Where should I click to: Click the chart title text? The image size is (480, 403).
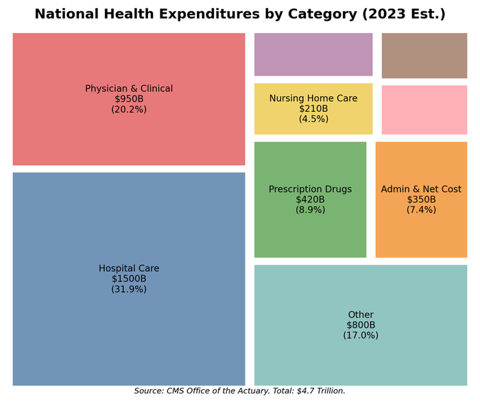(240, 14)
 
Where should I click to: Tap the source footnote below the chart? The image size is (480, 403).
(240, 391)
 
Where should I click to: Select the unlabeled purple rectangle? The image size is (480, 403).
(313, 54)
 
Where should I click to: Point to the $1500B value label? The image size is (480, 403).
(129, 279)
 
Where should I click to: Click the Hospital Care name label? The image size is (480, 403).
(129, 268)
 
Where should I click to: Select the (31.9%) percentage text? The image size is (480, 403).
(129, 289)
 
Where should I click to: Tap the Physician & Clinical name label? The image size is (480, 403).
(129, 89)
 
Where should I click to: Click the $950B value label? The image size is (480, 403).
(129, 99)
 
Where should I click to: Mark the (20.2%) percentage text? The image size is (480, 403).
(129, 109)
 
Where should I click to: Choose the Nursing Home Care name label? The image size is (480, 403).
(313, 98)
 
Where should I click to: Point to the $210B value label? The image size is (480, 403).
(313, 108)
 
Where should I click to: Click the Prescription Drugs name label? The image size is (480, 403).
(310, 189)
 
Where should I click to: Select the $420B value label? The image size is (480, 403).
(310, 200)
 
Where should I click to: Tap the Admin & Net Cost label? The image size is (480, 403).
(421, 189)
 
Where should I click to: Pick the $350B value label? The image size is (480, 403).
(421, 200)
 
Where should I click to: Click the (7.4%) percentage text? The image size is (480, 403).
(421, 210)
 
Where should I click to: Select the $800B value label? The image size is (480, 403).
(361, 325)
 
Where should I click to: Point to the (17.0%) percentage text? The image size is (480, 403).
(361, 335)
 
